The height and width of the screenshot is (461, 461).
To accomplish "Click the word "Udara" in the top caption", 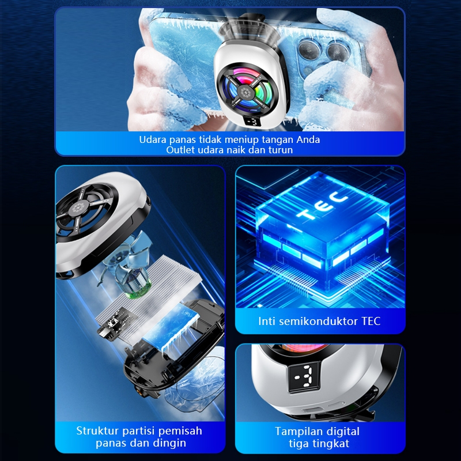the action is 153,139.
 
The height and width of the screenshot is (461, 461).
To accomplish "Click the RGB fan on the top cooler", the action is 247,90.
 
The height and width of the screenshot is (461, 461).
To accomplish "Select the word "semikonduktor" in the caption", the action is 319,321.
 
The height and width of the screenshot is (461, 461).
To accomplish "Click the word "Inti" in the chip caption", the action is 267,321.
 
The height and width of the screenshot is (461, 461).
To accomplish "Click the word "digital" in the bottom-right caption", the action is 342,431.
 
